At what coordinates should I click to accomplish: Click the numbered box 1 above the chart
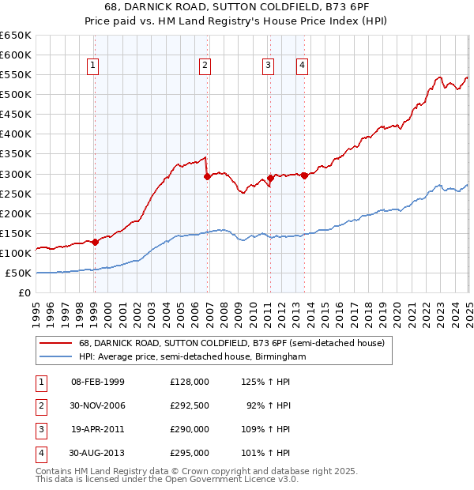(x=93, y=66)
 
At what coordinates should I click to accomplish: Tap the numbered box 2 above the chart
(x=205, y=66)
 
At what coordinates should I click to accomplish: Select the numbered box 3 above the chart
(x=269, y=66)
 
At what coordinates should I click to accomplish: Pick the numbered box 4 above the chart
(x=303, y=66)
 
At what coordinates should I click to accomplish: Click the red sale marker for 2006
(x=207, y=177)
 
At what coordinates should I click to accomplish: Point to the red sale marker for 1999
(x=95, y=242)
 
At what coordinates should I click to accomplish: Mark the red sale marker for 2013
(x=304, y=175)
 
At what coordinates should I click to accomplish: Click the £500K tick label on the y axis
(x=16, y=95)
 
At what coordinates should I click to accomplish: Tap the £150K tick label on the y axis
(x=16, y=234)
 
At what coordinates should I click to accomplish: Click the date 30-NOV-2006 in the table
(x=97, y=405)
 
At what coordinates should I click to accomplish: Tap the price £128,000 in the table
(x=190, y=381)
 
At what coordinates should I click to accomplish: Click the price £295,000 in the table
(x=190, y=454)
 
